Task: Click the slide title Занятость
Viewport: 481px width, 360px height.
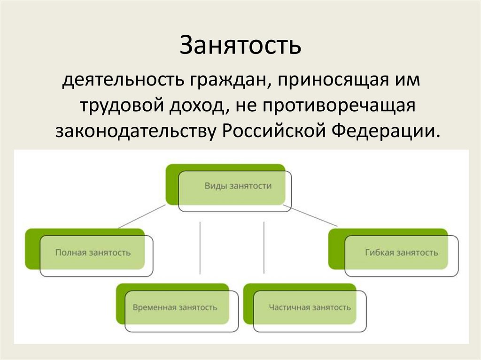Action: [x=240, y=46]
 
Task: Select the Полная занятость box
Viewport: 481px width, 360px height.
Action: [x=93, y=253]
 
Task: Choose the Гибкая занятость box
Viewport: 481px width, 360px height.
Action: [x=401, y=253]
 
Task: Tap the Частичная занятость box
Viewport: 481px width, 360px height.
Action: [x=310, y=308]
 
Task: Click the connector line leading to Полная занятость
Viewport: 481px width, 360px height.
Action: [x=141, y=216]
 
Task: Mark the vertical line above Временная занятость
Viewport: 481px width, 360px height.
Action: [x=200, y=247]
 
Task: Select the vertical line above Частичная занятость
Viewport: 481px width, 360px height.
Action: [x=264, y=247]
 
